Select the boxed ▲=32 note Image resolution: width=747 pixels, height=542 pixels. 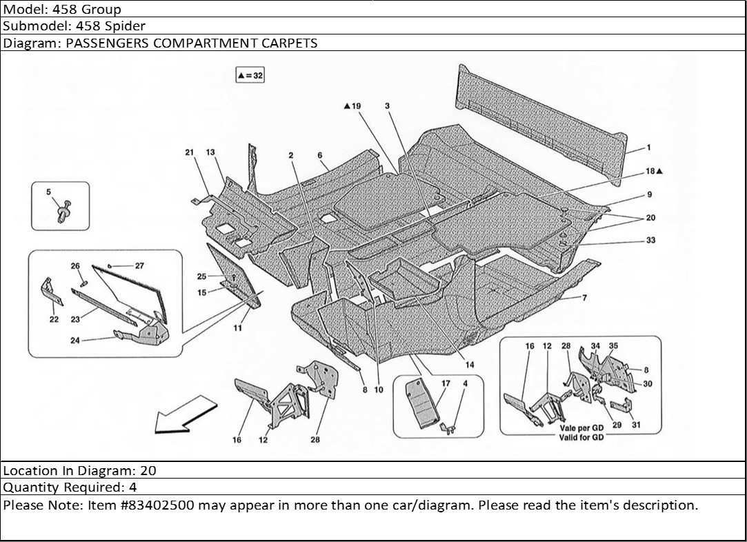(x=250, y=75)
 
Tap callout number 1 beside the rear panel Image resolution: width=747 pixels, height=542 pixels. (x=648, y=148)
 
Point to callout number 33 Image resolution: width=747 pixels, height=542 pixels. (x=651, y=240)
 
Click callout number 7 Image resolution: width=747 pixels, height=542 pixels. (x=584, y=298)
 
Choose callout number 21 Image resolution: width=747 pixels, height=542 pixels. (x=189, y=152)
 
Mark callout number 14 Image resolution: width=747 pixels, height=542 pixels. (x=470, y=365)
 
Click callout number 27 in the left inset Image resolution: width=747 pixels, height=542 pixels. (x=139, y=265)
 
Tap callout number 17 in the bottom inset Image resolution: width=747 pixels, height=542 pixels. (x=446, y=383)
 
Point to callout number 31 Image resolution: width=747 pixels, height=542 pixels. (x=636, y=425)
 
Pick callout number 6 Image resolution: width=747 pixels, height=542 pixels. (x=321, y=156)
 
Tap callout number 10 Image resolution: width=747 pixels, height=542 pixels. (x=379, y=390)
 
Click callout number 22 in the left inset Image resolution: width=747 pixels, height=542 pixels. (x=54, y=319)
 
